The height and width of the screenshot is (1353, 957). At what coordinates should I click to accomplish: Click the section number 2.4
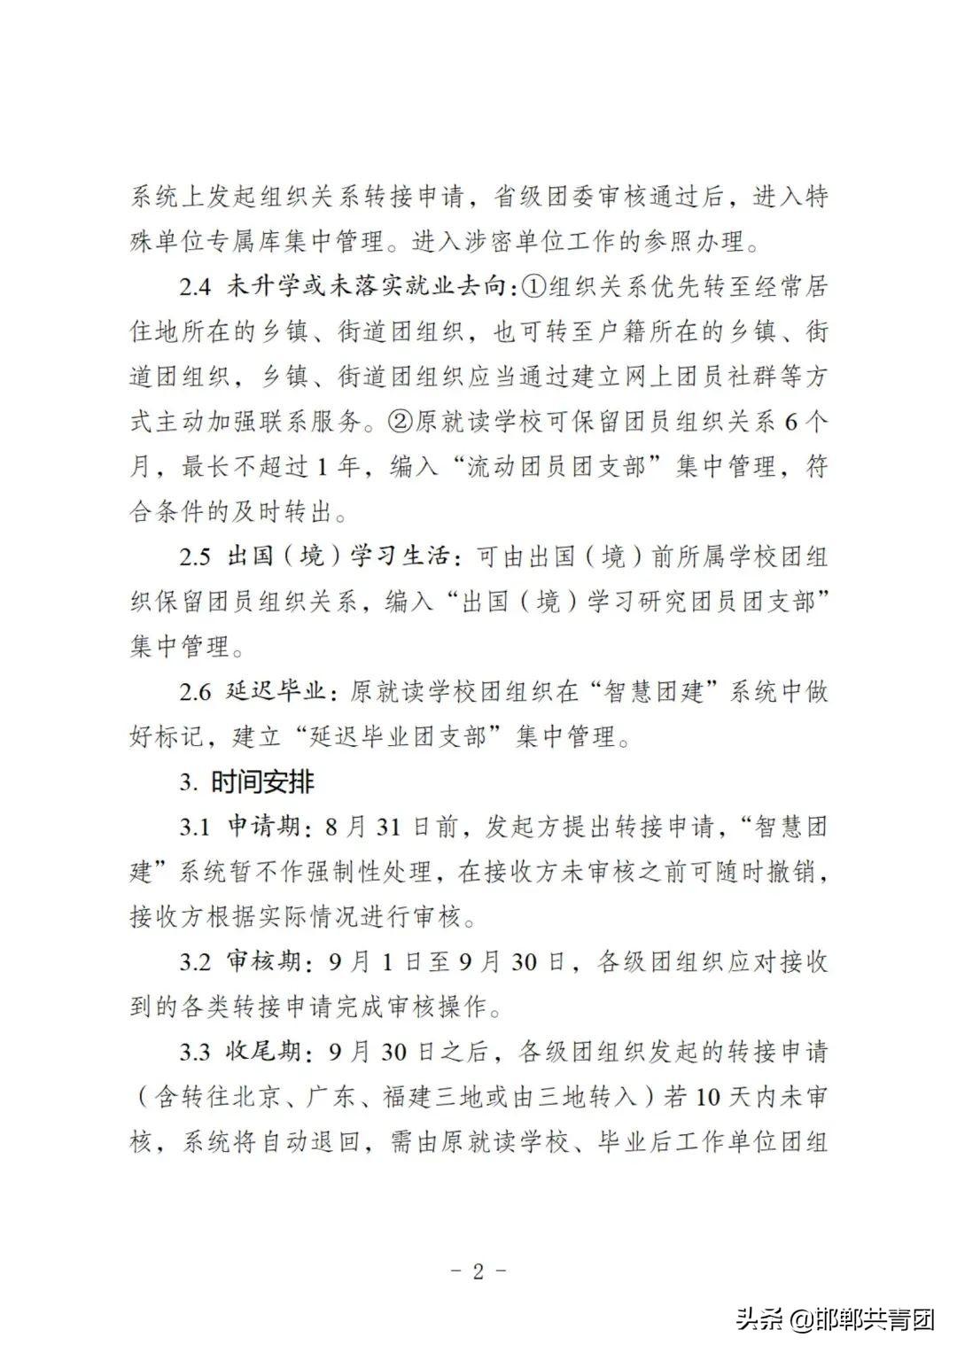pyautogui.click(x=196, y=287)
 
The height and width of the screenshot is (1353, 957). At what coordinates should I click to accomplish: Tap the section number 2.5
pyautogui.click(x=196, y=557)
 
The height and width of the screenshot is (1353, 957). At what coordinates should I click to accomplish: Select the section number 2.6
pyautogui.click(x=196, y=692)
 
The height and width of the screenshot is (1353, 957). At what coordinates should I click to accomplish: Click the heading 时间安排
pyautogui.click(x=262, y=782)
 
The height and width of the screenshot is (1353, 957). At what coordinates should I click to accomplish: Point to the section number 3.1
pyautogui.click(x=196, y=828)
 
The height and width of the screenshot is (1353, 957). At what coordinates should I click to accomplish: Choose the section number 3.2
pyautogui.click(x=196, y=961)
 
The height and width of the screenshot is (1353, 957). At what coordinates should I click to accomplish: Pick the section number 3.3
pyautogui.click(x=196, y=1052)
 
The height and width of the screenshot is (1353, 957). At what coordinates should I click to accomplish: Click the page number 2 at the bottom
pyautogui.click(x=478, y=1271)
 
